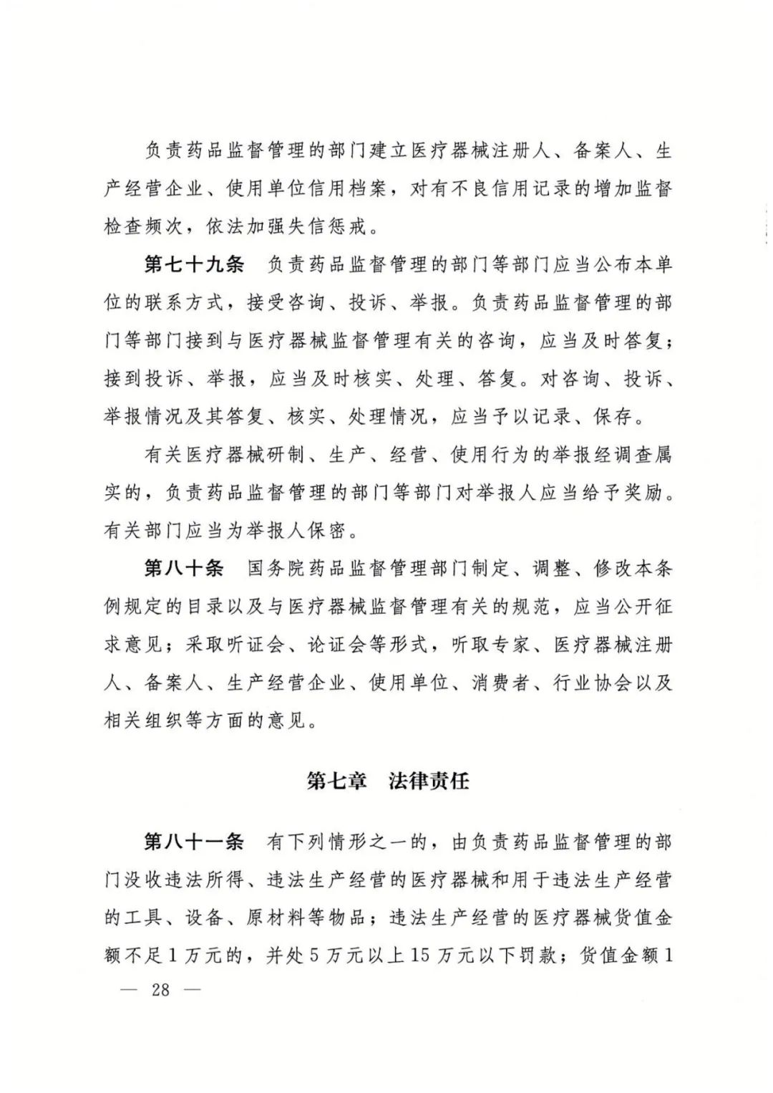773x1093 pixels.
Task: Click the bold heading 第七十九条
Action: point(194,264)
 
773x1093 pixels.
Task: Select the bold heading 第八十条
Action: point(184,569)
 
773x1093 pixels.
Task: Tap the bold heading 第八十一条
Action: point(194,842)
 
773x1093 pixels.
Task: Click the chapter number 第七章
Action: point(336,781)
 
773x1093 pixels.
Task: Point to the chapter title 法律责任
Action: point(429,781)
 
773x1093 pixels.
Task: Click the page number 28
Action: point(160,991)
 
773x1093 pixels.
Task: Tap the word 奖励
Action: point(643,493)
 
